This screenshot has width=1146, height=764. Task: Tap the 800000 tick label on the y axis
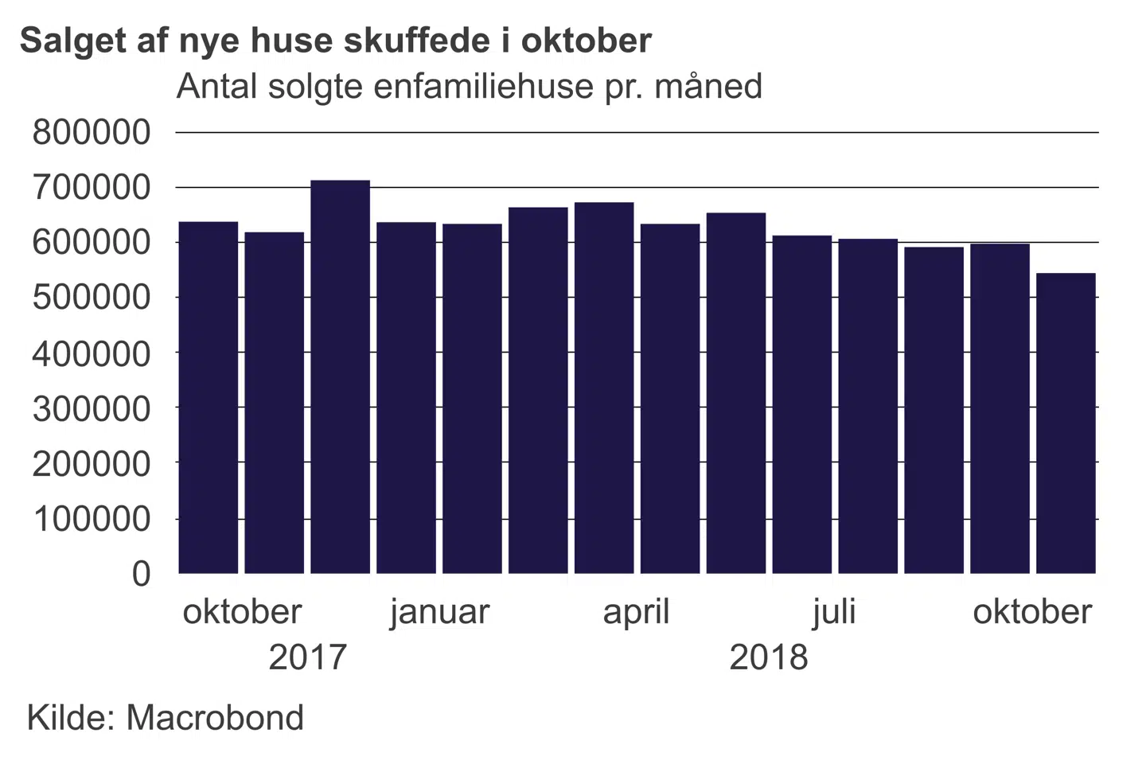coord(91,132)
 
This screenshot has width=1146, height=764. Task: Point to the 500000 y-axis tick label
coord(91,298)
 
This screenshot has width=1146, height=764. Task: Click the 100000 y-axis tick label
coord(91,519)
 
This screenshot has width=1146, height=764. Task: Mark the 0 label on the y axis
coord(141,573)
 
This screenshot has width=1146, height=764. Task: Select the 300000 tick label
coord(91,408)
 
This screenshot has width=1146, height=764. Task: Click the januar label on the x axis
coord(439,612)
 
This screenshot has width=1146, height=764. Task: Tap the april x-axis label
coord(636,612)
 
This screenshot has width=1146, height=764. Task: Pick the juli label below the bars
coord(833,612)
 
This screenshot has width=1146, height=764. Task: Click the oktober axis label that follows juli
coord(1031,612)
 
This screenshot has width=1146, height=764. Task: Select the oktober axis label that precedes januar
coord(242,612)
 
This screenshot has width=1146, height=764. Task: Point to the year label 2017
coord(308,657)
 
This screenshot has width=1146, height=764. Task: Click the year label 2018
coord(768,657)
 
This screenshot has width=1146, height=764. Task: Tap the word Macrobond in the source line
coord(215,718)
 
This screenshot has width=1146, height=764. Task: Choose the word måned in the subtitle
coord(707,86)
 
